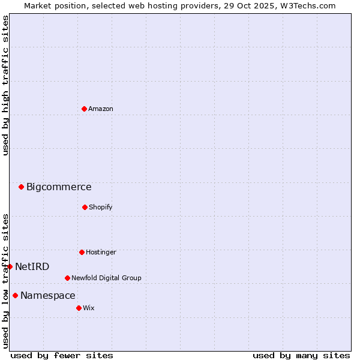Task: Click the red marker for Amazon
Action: (x=84, y=109)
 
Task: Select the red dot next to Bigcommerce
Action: (x=21, y=187)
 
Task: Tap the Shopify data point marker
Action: (x=85, y=207)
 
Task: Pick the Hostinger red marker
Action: (x=82, y=252)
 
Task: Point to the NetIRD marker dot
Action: (x=10, y=266)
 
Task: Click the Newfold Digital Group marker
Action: (x=67, y=278)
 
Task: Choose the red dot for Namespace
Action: (x=15, y=295)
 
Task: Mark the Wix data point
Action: (x=79, y=308)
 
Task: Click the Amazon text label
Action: (x=101, y=109)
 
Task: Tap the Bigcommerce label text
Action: (x=59, y=187)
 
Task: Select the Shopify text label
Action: (x=101, y=207)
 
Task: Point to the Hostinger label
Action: (x=101, y=252)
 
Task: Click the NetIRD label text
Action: (x=32, y=267)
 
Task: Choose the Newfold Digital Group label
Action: (x=106, y=278)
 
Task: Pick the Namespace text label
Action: (x=48, y=296)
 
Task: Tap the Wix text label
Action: (x=89, y=308)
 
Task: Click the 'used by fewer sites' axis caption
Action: (x=62, y=355)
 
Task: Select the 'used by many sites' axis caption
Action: (x=301, y=355)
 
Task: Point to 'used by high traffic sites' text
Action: (x=5, y=85)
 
